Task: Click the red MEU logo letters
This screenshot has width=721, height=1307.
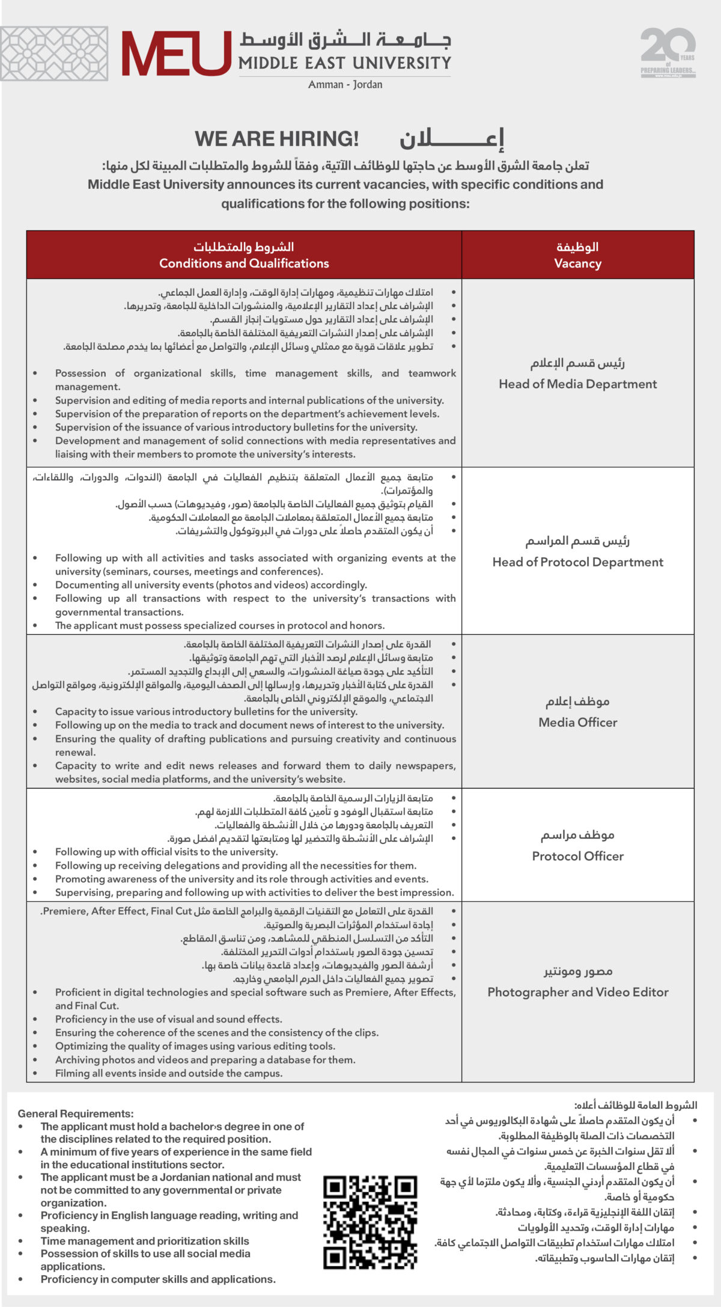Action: pyautogui.click(x=176, y=54)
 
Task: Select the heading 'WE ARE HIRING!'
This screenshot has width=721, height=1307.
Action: pyautogui.click(x=276, y=139)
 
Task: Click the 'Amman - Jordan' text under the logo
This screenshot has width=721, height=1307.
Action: pyautogui.click(x=345, y=84)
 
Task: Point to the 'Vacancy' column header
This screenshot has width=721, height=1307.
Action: pyautogui.click(x=577, y=263)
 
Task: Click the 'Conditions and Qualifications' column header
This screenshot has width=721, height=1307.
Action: pyautogui.click(x=244, y=263)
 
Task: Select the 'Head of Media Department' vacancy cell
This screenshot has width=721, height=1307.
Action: pyautogui.click(x=577, y=384)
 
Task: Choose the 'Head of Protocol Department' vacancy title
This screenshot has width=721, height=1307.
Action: pyautogui.click(x=577, y=562)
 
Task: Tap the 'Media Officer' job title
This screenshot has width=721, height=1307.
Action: pyautogui.click(x=577, y=722)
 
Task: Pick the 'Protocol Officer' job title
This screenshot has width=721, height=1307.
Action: pyautogui.click(x=577, y=856)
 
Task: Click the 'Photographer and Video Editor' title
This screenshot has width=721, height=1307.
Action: pyautogui.click(x=577, y=992)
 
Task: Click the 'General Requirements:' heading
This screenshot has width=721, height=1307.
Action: pyautogui.click(x=76, y=1113)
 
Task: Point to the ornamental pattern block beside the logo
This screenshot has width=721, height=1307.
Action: pyautogui.click(x=54, y=54)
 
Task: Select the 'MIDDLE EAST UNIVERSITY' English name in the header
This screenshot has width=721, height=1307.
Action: pyautogui.click(x=344, y=63)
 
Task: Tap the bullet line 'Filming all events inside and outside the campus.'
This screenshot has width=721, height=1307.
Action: pyautogui.click(x=168, y=1073)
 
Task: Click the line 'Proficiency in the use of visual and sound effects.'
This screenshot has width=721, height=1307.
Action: pyautogui.click(x=168, y=1019)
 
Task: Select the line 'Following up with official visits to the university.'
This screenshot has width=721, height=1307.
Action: pyautogui.click(x=166, y=852)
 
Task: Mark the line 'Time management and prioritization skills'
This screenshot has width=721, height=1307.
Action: pyautogui.click(x=145, y=1241)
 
